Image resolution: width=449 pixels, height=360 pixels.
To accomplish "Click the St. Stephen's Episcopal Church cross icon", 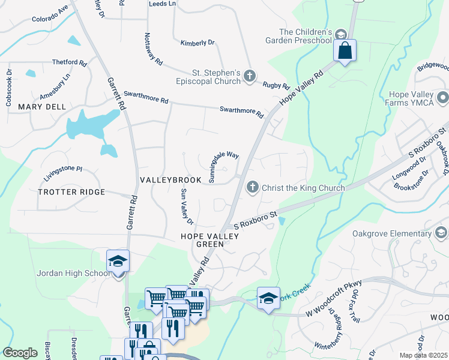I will coord(250,76).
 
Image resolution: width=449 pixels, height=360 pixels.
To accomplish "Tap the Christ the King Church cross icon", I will coord(253,188).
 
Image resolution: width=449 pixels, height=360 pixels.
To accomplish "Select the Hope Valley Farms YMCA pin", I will coord(443,97).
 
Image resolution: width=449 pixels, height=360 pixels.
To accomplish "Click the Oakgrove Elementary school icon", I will coord(442,233).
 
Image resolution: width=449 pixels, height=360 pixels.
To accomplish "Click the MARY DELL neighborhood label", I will coord(41,107).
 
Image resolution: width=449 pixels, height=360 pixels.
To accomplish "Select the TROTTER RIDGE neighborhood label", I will coord(71,192).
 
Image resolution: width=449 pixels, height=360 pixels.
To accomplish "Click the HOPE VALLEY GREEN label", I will coord(209,240).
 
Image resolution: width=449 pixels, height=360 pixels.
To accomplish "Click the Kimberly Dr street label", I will coord(197,43).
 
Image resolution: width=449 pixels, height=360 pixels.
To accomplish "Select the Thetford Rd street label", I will coord(70,62).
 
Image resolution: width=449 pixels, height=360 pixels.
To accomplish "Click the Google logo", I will coord(20,353).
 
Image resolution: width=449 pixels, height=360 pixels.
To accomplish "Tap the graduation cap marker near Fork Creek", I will coord(268,298).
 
